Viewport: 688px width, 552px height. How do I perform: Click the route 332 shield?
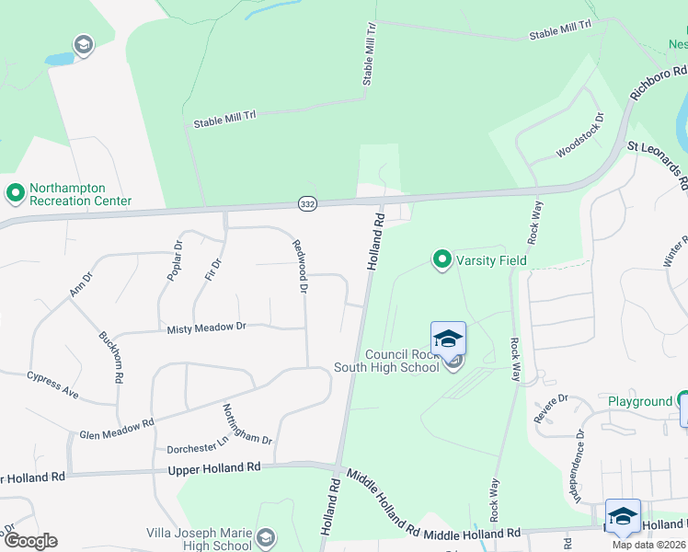tap(307, 201)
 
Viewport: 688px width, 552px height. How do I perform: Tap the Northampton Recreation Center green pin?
tap(15, 193)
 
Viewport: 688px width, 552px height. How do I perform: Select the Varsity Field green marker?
tap(442, 260)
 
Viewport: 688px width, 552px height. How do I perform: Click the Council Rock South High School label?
tap(403, 362)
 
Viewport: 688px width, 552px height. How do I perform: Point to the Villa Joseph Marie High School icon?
tap(266, 537)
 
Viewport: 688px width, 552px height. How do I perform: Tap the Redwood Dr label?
tap(298, 266)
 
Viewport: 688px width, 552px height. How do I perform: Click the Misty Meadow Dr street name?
tap(206, 327)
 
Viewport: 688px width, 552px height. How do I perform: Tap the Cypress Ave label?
tap(52, 383)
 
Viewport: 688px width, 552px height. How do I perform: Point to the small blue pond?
tap(59, 59)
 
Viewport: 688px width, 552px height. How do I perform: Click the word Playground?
tap(640, 402)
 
